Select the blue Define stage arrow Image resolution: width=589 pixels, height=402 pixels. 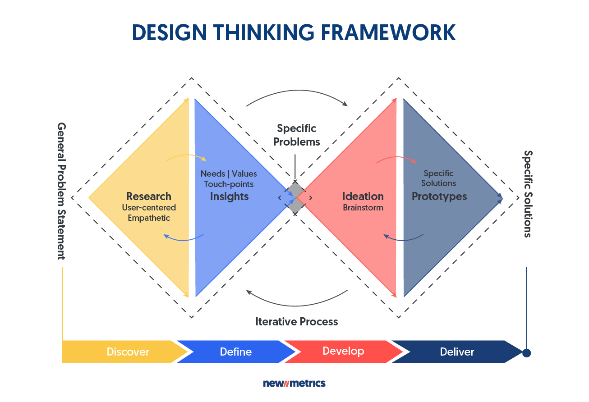(235, 352)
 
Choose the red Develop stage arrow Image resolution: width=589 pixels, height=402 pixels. (343, 351)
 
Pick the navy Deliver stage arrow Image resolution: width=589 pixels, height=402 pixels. (457, 352)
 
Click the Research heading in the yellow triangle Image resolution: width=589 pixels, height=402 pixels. (149, 196)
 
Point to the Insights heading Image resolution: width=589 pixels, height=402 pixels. (229, 196)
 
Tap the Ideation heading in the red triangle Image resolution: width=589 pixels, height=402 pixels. (363, 196)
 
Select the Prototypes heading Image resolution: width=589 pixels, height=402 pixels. (439, 196)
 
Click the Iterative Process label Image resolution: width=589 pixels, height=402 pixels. (296, 322)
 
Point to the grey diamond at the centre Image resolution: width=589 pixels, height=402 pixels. (295, 197)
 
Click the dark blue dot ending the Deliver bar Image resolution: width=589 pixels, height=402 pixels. (526, 352)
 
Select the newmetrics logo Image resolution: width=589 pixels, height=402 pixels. (294, 384)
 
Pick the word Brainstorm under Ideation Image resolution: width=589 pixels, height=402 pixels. (363, 208)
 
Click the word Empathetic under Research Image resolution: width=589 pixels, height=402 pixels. (149, 218)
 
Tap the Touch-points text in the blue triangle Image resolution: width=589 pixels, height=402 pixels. (229, 184)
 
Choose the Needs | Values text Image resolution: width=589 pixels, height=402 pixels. (229, 174)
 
